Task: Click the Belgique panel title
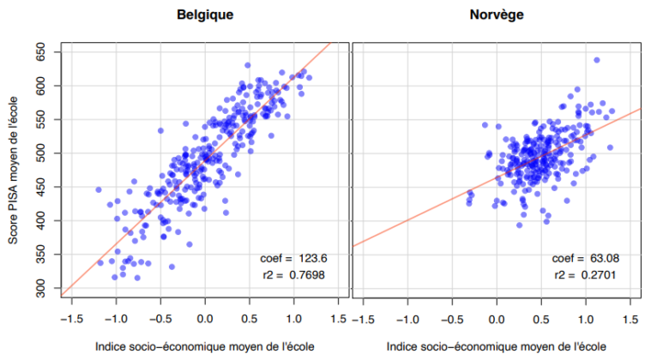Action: (x=205, y=15)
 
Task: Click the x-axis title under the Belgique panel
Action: (x=205, y=347)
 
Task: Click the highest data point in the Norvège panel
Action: (x=596, y=60)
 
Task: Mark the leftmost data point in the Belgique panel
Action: (x=99, y=189)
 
